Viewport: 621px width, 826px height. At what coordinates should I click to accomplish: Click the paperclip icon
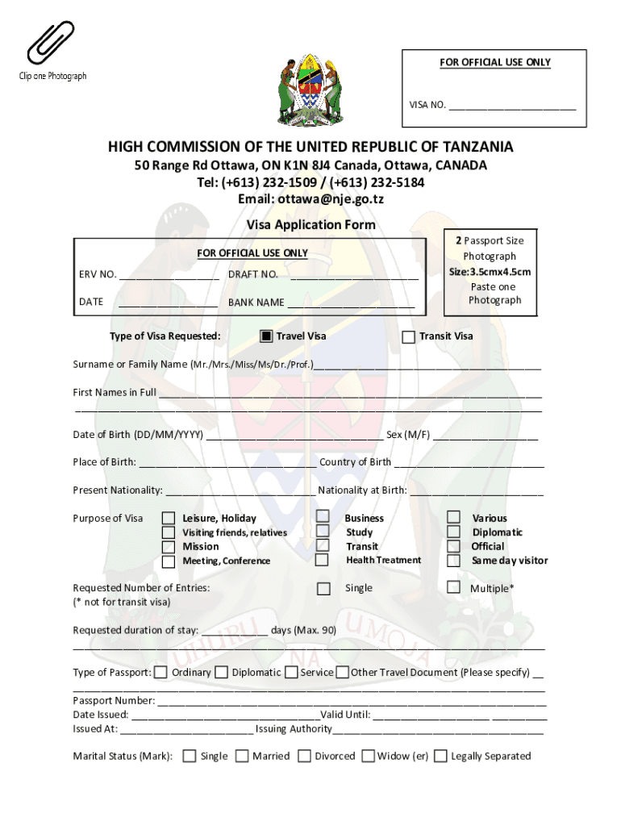[50, 43]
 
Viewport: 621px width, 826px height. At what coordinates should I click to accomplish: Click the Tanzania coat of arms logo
[310, 90]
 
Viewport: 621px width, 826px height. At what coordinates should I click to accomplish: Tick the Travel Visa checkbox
[266, 336]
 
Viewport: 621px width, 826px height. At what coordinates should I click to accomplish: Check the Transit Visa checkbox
[409, 336]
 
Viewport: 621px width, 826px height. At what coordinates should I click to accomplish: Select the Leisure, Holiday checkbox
[169, 518]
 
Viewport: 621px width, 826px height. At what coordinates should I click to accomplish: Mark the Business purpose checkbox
[323, 516]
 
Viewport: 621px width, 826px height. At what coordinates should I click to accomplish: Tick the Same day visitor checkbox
[454, 560]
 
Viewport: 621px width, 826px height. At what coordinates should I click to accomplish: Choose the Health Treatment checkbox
[323, 559]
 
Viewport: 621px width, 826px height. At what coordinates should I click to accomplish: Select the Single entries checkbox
[323, 588]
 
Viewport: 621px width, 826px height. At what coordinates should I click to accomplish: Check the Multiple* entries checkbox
[454, 587]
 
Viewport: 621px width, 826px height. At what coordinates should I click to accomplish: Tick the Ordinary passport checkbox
[161, 672]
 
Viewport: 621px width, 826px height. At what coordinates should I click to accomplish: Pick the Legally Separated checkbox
[441, 756]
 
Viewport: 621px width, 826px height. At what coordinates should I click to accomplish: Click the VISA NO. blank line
[512, 106]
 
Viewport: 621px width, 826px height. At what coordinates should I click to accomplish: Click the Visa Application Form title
[310, 225]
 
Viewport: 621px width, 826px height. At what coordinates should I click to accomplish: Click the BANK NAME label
[256, 302]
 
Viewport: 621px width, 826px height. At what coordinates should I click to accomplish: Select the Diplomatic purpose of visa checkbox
[454, 532]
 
